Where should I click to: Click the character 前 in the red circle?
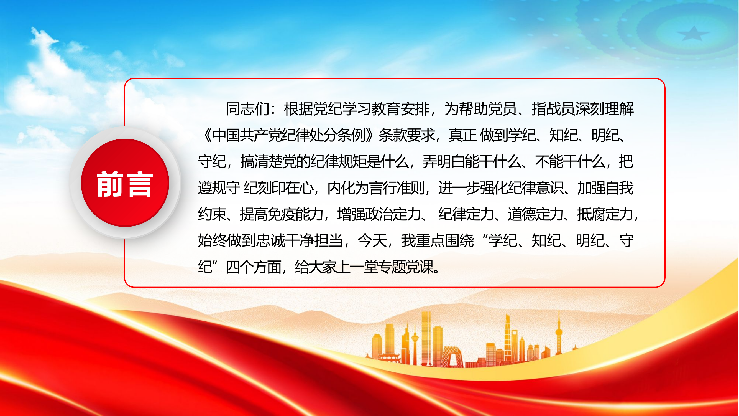tap(110, 184)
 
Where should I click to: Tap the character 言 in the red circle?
tap(140, 184)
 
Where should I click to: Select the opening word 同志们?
tap(247, 109)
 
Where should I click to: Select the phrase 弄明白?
tap(443, 162)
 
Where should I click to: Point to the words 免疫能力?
tap(295, 214)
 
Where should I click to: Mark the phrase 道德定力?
tap(535, 214)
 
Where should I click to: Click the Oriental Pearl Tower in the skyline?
tap(559, 333)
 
